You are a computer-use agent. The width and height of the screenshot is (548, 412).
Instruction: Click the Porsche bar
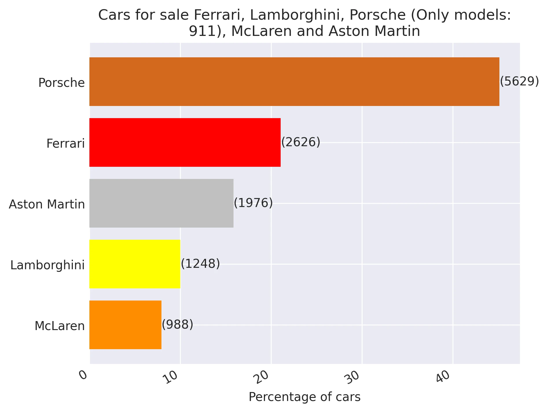294,82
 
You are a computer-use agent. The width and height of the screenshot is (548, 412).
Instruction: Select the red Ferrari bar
185,142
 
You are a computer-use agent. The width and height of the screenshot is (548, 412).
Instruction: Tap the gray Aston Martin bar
161,203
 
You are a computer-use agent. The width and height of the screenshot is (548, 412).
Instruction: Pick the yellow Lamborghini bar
135,264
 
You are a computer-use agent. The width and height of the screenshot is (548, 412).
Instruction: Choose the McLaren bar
125,325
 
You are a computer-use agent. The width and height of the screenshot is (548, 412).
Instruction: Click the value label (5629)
519,81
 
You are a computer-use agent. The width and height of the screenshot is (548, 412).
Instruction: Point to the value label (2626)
301,142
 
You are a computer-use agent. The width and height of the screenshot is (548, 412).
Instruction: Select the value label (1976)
253,203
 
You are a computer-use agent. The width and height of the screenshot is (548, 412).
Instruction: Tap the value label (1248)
200,264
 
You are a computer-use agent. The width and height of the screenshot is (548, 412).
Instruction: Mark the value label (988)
177,325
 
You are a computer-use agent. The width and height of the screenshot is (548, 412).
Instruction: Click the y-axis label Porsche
61,83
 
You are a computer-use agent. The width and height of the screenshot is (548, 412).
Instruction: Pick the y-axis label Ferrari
65,144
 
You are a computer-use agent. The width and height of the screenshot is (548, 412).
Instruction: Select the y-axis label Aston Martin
47,204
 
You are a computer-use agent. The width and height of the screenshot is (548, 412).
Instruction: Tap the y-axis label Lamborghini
47,265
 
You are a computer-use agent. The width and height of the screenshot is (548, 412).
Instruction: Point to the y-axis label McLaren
60,326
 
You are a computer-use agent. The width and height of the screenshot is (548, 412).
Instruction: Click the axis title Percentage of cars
305,397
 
